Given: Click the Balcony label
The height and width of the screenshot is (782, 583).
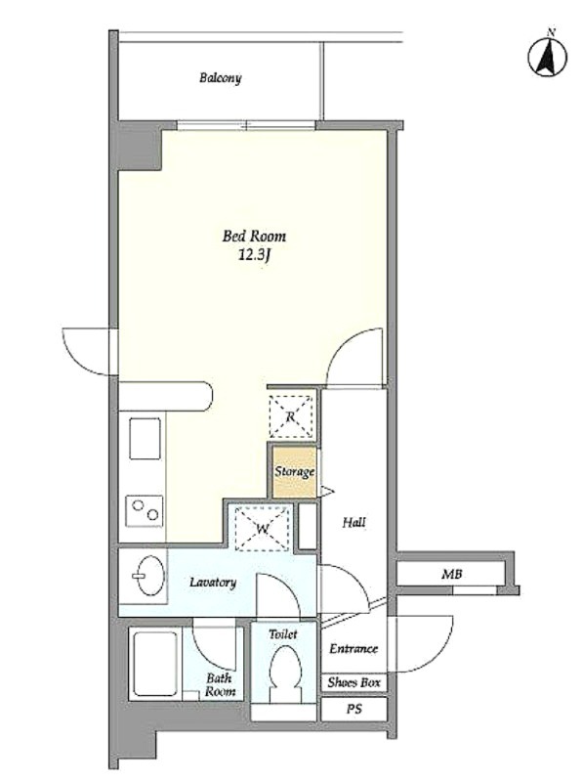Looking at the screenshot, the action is (x=221, y=78).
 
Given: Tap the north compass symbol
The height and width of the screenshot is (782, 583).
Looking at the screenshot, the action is (x=548, y=56).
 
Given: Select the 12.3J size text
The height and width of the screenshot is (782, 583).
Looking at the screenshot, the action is (x=254, y=255).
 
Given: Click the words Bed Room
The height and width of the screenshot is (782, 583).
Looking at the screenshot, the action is (x=254, y=236).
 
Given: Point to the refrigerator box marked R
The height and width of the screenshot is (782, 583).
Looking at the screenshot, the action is (x=291, y=416).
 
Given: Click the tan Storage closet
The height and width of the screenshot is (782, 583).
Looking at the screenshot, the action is (x=295, y=472).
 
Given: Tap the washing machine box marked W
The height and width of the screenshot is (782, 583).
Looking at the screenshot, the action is (x=262, y=528).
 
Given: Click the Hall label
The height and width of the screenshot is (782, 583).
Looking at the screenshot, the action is (x=354, y=523).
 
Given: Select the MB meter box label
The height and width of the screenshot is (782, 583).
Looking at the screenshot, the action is (x=451, y=574).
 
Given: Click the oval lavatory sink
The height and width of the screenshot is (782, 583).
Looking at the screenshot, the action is (x=150, y=576).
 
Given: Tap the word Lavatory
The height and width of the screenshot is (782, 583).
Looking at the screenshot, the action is (x=213, y=582).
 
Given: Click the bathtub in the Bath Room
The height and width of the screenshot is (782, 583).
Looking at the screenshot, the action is (x=154, y=664).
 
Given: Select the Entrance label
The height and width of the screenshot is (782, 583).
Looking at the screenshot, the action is (x=354, y=649).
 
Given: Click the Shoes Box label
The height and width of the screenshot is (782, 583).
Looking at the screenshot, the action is (x=354, y=682).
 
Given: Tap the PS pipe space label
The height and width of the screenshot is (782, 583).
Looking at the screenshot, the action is (x=354, y=709).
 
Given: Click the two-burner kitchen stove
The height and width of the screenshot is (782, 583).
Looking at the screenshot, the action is (x=144, y=510).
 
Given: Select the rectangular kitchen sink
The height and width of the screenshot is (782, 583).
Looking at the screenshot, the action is (x=145, y=438).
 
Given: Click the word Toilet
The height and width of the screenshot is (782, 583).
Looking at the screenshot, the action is (x=283, y=634).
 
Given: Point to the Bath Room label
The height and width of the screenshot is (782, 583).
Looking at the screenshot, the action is (x=221, y=685).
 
